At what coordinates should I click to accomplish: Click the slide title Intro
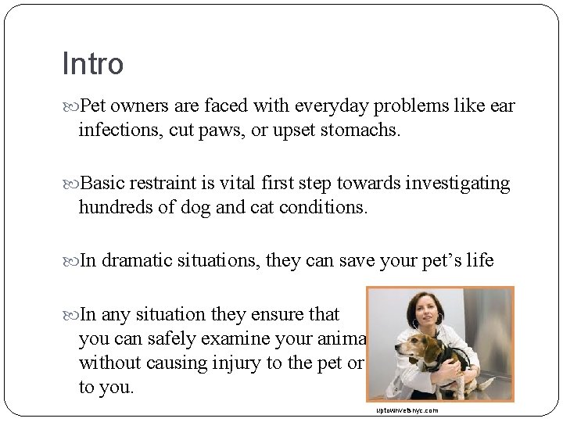coord(92,64)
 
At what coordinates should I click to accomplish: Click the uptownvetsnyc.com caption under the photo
coord(407,410)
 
